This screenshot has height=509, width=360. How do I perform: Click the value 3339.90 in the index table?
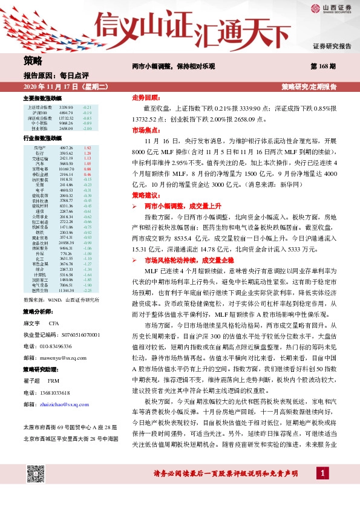pos(66,106)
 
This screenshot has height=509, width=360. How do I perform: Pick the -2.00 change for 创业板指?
pos(87,128)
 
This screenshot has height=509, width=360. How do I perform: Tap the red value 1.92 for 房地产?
pos(87,148)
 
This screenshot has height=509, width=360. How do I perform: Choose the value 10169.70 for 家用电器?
pos(66,169)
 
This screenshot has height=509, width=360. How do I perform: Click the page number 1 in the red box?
pos(324,489)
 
